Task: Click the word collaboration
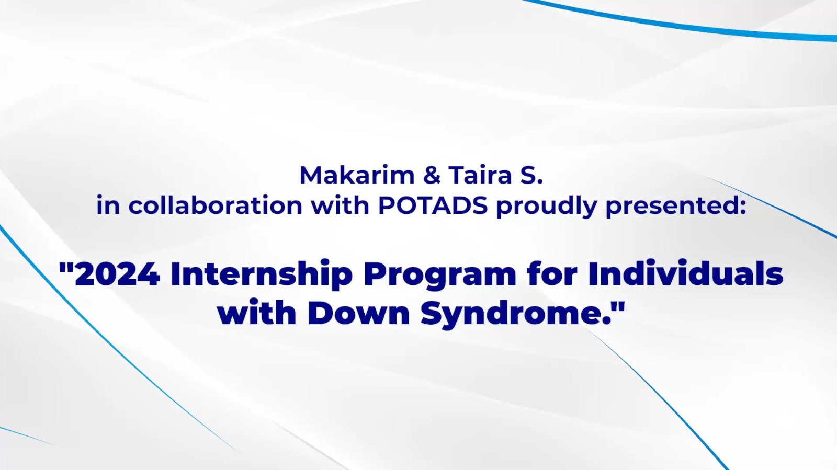click(x=215, y=205)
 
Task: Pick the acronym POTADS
click(x=433, y=205)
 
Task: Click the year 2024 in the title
click(x=117, y=274)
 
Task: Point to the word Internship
click(x=262, y=274)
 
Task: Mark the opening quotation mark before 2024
click(x=66, y=268)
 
